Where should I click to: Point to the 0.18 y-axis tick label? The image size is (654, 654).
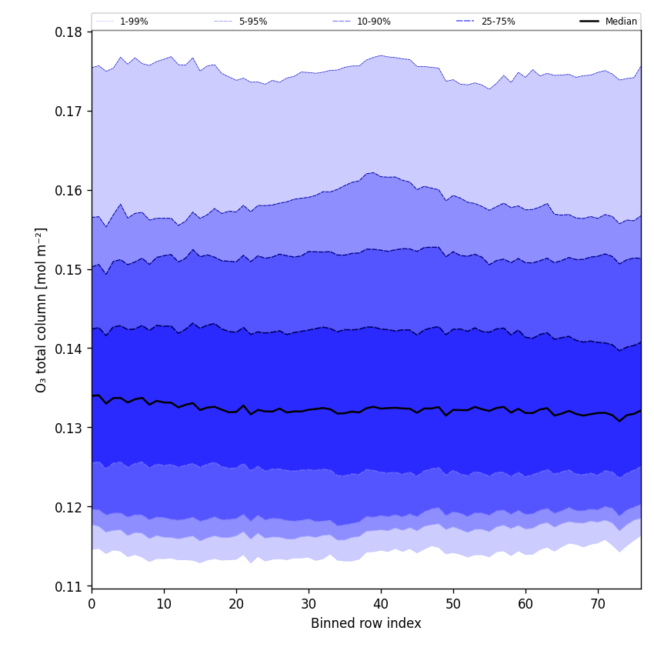point(69,32)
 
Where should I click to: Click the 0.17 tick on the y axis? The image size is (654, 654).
point(69,112)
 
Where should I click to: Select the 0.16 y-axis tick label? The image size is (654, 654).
point(69,191)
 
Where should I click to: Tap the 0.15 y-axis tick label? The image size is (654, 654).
point(69,270)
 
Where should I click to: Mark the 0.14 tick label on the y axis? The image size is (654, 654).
point(69,349)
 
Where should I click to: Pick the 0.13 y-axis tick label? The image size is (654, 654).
point(69,429)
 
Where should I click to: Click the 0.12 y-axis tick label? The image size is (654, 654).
point(69,508)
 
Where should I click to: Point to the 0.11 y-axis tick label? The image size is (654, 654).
point(69,587)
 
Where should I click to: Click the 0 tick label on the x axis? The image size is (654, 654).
point(92,605)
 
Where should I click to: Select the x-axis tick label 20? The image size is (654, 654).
point(236,605)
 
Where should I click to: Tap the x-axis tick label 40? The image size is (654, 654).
point(381,605)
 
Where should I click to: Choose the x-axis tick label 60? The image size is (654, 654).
point(526,605)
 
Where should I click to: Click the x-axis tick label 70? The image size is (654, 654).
point(598,605)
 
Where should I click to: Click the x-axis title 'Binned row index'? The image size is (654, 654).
point(366,624)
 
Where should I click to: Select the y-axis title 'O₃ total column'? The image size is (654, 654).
point(42,309)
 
